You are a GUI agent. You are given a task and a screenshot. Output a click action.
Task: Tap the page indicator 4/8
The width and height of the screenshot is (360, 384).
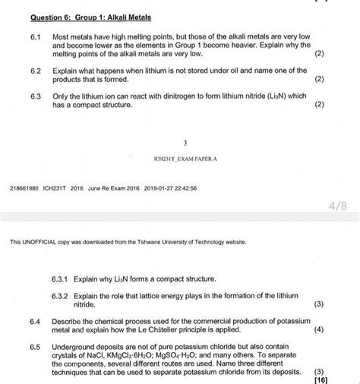click(339, 204)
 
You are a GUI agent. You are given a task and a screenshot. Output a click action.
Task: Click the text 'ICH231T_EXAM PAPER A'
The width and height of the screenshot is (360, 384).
click(185, 159)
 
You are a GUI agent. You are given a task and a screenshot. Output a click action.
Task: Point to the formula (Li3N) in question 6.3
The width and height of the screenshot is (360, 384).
click(274, 97)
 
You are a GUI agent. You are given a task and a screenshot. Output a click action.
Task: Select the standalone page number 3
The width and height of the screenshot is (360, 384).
click(185, 142)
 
